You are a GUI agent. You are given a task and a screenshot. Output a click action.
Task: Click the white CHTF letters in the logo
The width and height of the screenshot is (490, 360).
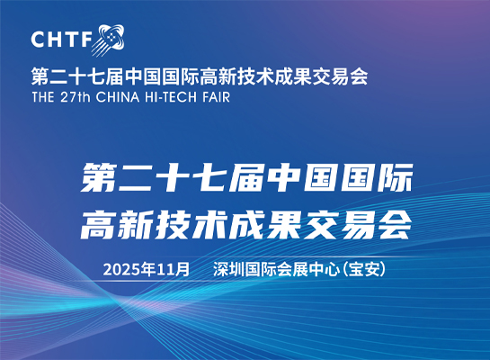click(61, 39)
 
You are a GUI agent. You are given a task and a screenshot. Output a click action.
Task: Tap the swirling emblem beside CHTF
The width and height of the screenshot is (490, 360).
click(109, 40)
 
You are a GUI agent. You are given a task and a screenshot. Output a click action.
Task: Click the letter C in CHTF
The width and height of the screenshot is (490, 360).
click(38, 39)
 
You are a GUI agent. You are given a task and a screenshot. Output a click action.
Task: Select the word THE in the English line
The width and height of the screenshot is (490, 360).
click(43, 97)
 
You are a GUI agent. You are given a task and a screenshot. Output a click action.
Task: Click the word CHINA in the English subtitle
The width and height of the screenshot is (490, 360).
click(118, 97)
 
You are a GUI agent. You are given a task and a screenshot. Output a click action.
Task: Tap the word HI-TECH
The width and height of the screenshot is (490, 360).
click(171, 97)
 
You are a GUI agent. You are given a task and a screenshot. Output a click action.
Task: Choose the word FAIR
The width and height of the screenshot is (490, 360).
click(217, 97)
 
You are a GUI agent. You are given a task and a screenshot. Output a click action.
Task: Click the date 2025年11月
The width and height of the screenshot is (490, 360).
click(147, 269)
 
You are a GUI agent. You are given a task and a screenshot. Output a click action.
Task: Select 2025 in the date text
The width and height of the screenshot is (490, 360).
click(121, 270)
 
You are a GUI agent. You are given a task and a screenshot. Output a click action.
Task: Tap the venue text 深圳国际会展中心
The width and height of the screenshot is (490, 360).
click(276, 269)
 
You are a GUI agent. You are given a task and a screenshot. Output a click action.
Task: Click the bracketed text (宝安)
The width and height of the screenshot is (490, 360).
click(364, 269)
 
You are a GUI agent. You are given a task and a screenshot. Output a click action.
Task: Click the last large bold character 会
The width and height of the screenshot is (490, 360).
click(396, 225)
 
